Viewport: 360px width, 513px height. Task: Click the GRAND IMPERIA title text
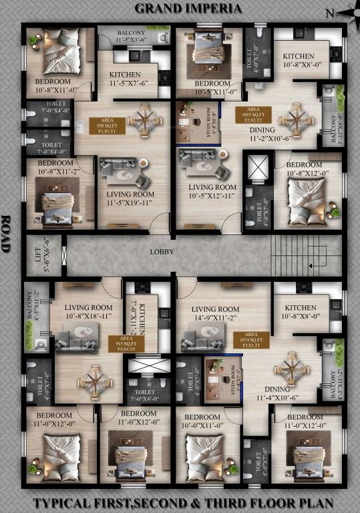[189, 9]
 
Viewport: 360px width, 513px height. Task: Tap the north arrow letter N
[329, 13]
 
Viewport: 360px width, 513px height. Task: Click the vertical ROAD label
[7, 233]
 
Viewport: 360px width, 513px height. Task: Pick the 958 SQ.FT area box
[107, 126]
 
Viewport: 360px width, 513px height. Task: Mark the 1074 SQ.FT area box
[252, 339]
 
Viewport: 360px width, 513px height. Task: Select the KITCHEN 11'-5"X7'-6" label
[125, 78]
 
